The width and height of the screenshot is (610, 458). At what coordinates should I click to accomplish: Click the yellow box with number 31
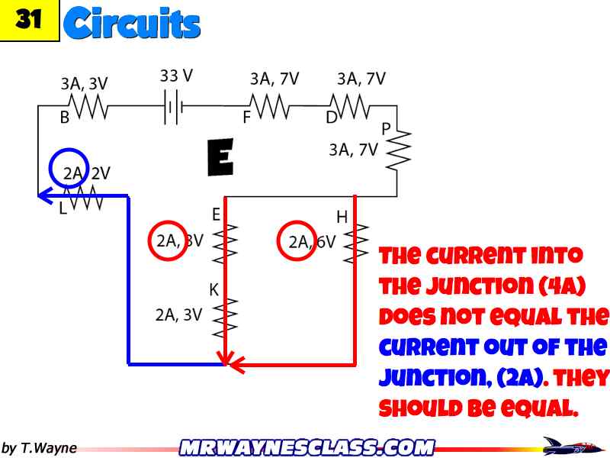(28, 20)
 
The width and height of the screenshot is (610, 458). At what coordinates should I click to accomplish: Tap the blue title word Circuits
(133, 23)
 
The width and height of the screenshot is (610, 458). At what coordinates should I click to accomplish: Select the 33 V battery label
(176, 76)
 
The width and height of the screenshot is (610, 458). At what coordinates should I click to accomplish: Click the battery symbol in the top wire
(174, 108)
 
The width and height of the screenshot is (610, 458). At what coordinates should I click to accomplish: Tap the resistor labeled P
(397, 149)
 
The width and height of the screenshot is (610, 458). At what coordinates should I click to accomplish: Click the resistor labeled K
(226, 314)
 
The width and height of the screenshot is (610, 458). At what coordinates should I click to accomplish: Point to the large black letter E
(220, 158)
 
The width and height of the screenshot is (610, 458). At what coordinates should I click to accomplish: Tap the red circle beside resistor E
(167, 240)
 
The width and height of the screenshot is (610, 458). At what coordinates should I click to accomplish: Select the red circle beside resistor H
(297, 241)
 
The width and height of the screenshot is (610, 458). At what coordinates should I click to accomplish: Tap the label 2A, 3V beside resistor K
(178, 314)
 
